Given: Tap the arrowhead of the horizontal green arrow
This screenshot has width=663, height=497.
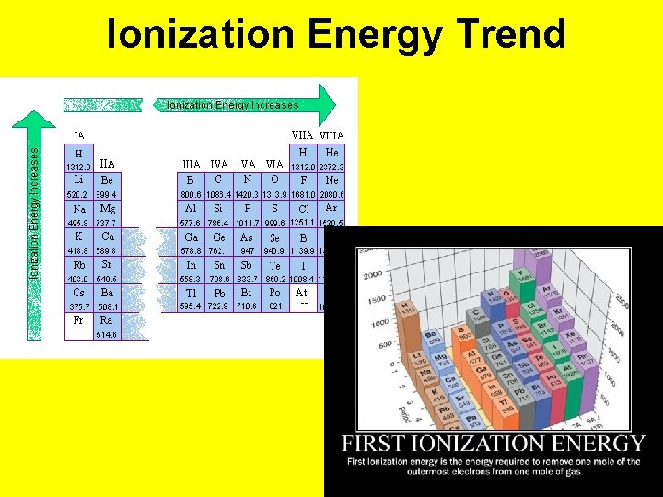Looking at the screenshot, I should pyautogui.click(x=326, y=104).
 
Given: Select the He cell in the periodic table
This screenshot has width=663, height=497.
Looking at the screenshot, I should pyautogui.click(x=331, y=158).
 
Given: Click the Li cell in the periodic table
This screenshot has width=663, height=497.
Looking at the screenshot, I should pyautogui.click(x=78, y=187).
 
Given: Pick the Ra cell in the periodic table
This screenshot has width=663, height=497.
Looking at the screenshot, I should pyautogui.click(x=107, y=327).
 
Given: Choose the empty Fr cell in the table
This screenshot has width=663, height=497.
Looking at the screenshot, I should pyautogui.click(x=78, y=327).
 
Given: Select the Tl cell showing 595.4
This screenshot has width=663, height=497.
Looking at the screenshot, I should pyautogui.click(x=191, y=299).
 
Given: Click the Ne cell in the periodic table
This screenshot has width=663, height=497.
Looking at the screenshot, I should pyautogui.click(x=331, y=187).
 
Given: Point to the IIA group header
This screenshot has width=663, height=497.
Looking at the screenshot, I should pyautogui.click(x=107, y=162).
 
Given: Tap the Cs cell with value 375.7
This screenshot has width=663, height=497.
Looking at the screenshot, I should pyautogui.click(x=78, y=299).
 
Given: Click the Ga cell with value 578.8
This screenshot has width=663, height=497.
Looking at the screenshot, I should pyautogui.click(x=191, y=243).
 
